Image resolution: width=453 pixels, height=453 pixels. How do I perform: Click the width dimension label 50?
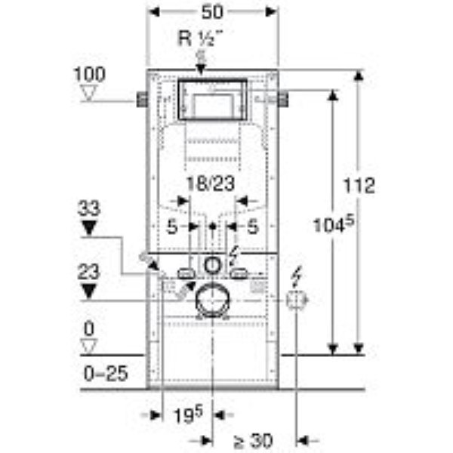click(212, 12)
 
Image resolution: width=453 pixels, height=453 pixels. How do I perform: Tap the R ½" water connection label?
click(201, 39)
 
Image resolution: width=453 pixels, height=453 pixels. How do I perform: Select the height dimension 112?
click(359, 186)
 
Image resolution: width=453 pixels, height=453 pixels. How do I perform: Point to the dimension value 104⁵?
click(334, 224)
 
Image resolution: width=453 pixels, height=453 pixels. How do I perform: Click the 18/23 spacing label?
click(211, 183)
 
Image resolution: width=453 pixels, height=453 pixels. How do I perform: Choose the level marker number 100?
click(90, 74)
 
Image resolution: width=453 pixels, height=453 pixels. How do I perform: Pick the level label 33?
click(89, 208)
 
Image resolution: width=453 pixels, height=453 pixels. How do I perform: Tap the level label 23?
click(88, 272)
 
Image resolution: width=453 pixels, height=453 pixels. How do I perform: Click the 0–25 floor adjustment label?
click(106, 373)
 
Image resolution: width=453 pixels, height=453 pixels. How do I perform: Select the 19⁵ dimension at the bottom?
click(188, 414)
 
